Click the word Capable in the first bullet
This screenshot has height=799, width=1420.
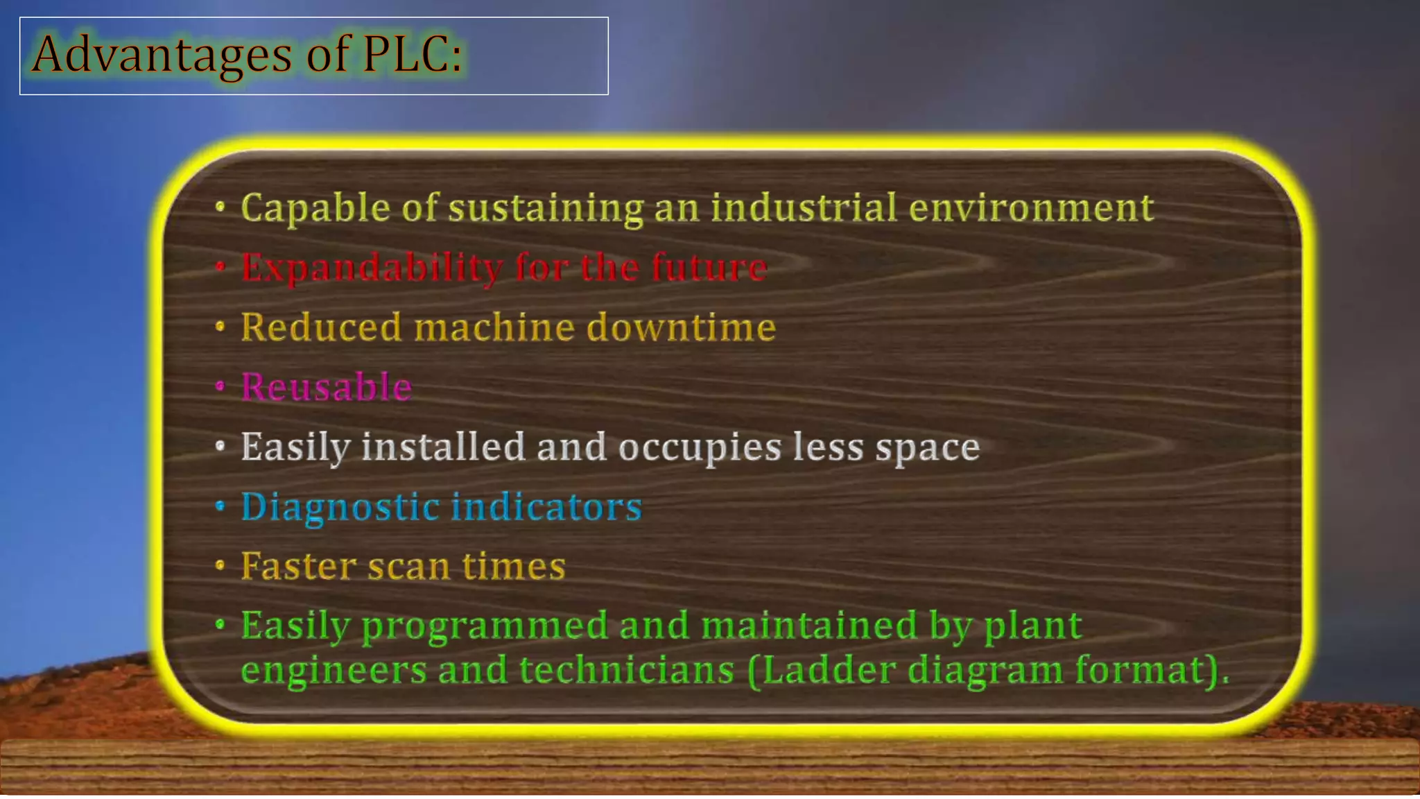pyautogui.click(x=315, y=207)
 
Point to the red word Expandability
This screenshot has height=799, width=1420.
pyautogui.click(x=372, y=268)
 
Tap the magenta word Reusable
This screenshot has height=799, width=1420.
pyautogui.click(x=326, y=386)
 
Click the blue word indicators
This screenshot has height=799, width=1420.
pyautogui.click(x=547, y=506)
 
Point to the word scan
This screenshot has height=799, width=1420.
pyautogui.click(x=408, y=566)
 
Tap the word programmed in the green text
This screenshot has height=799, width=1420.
pyautogui.click(x=485, y=626)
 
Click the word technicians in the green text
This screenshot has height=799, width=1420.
pyautogui.click(x=626, y=670)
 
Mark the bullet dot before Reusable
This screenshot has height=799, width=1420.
pyautogui.click(x=220, y=386)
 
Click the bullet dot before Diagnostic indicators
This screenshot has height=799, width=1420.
pyautogui.click(x=220, y=506)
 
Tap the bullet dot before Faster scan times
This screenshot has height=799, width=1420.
pyautogui.click(x=220, y=565)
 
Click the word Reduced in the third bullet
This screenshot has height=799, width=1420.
pyautogui.click(x=321, y=327)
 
